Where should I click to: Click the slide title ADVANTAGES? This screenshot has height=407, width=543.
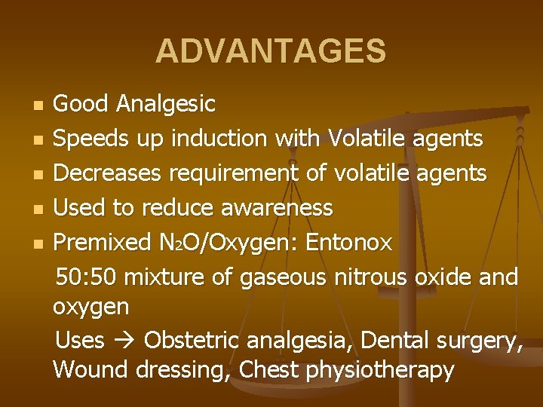271,52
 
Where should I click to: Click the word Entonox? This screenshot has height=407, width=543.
351,243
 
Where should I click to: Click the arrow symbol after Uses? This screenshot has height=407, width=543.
124,341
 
